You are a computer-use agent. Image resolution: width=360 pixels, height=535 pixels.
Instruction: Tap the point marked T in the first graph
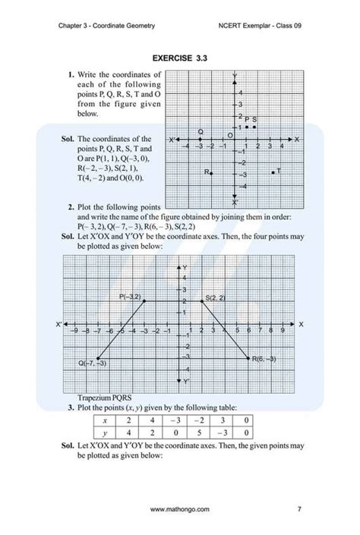click(x=273, y=172)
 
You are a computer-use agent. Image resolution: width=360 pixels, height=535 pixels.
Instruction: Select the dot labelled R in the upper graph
click(x=212, y=173)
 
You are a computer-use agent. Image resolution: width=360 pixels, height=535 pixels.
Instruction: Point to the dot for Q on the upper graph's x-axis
click(x=200, y=140)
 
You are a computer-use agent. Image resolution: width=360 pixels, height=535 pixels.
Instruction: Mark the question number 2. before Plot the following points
click(x=70, y=206)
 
